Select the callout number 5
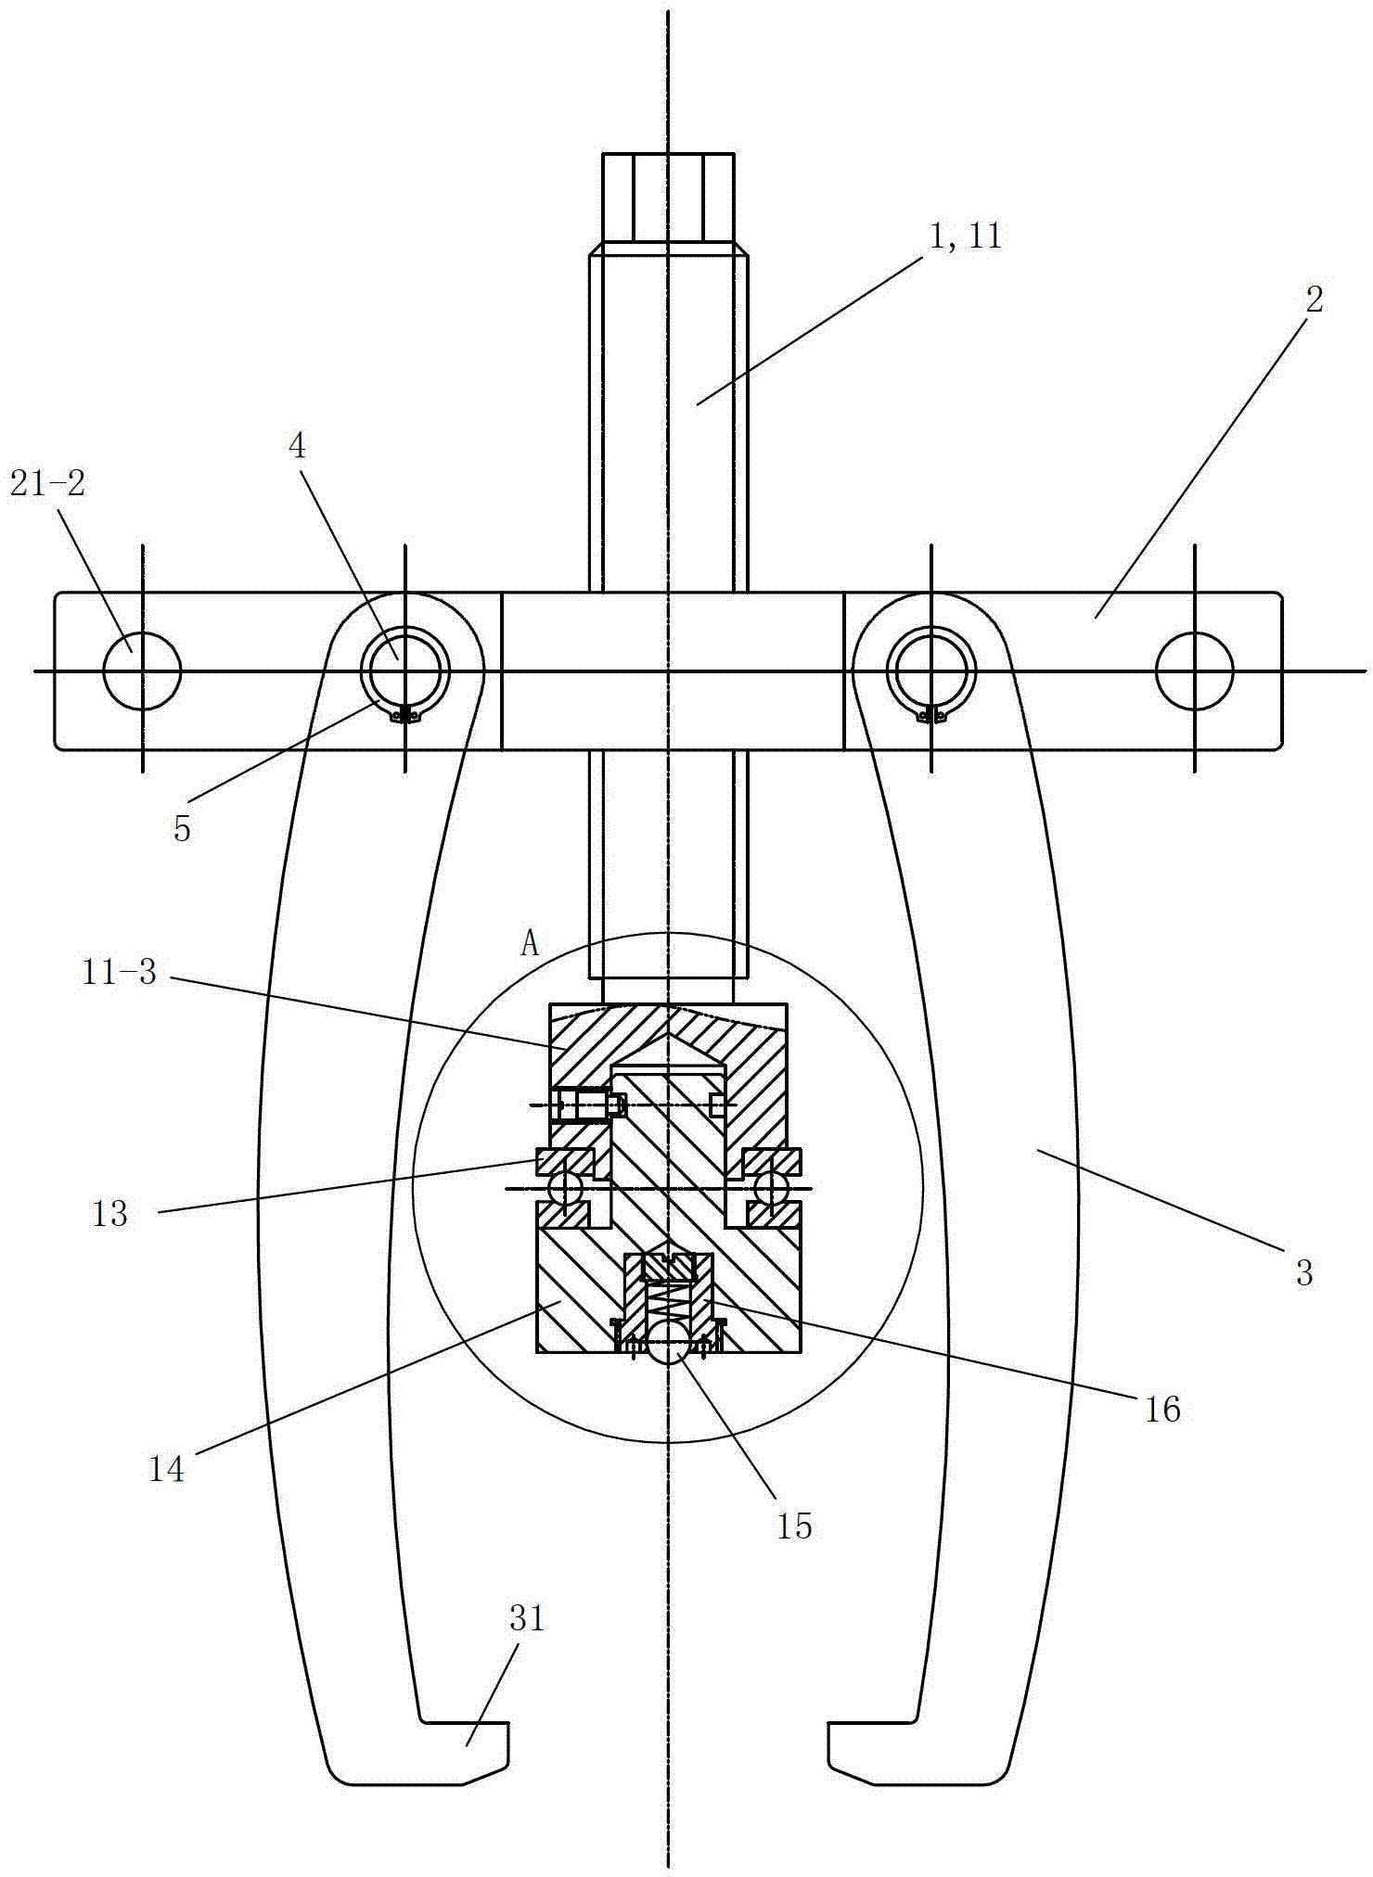[182, 828]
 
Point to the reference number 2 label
[1315, 299]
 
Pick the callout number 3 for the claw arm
[1304, 1273]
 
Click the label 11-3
[120, 973]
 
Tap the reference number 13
[110, 1213]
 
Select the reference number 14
[167, 1470]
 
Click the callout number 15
[794, 1526]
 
